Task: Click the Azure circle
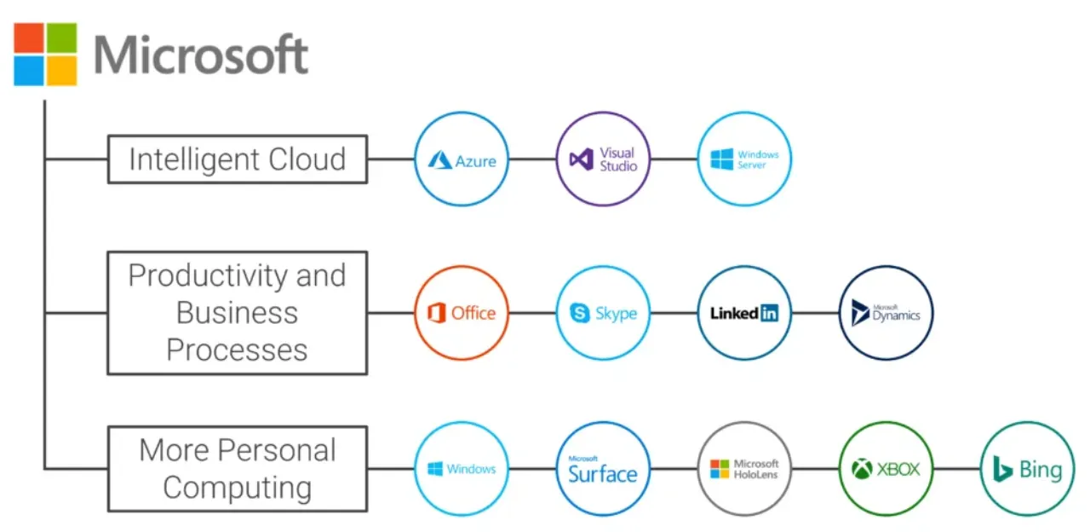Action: [x=462, y=159]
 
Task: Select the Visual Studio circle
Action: [x=603, y=159]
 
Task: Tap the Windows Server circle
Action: [x=744, y=159]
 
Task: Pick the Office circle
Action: [x=462, y=313]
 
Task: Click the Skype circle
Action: [x=603, y=313]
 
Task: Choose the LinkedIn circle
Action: [x=744, y=313]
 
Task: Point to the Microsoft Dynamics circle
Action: [x=886, y=313]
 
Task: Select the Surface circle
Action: [x=603, y=469]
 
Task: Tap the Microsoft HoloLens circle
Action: [x=744, y=469]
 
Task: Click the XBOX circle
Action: [x=886, y=469]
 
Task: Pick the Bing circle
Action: [x=1027, y=469]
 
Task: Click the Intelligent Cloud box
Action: [x=238, y=159]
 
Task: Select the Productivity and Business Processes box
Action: [x=238, y=313]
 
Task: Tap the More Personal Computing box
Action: [x=238, y=469]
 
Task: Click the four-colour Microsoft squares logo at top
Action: [x=45, y=54]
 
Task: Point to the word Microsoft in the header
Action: [x=201, y=55]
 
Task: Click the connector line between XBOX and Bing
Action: [x=956, y=469]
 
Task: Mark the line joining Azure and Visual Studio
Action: [x=532, y=159]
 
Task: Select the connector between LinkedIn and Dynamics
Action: [x=815, y=313]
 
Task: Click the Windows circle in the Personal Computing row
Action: [x=462, y=469]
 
